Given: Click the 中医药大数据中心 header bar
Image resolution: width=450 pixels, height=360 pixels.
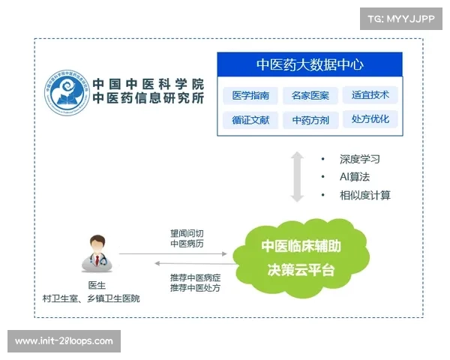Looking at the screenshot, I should click(x=310, y=64).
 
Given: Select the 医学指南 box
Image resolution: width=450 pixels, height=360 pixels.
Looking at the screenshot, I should click(x=250, y=96).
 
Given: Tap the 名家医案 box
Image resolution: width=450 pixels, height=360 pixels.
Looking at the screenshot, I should click(x=310, y=96).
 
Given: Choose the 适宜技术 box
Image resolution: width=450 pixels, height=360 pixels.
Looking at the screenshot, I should click(x=370, y=96).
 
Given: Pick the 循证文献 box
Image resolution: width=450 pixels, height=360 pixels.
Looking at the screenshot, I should click(x=250, y=120).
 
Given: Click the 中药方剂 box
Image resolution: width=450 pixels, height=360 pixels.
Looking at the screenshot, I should click(x=310, y=120).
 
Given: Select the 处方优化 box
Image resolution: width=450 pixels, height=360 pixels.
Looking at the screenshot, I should click(x=370, y=120).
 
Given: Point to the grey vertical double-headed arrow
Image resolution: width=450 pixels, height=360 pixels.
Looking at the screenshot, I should click(x=297, y=177).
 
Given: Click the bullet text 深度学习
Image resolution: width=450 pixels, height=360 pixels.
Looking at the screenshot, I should click(x=360, y=160).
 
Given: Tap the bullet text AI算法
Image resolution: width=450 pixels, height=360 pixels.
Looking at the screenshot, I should click(x=355, y=178).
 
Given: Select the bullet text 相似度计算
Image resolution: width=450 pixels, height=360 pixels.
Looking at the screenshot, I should click(x=364, y=196).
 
